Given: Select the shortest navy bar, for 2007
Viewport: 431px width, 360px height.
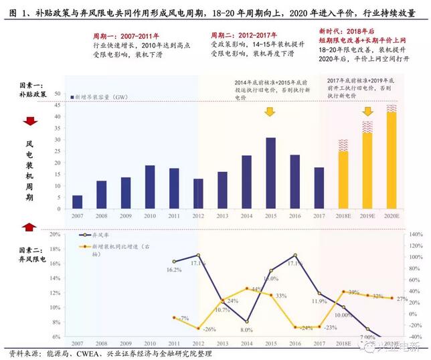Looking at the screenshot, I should pos(78,201).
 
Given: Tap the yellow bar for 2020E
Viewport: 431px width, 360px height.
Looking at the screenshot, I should pos(392,161).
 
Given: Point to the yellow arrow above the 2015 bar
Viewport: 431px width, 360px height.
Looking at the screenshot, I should pos(269,112).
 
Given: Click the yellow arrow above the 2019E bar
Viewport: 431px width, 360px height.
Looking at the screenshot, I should pos(367,112).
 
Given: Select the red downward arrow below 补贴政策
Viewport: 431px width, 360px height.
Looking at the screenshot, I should pos(29,121).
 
